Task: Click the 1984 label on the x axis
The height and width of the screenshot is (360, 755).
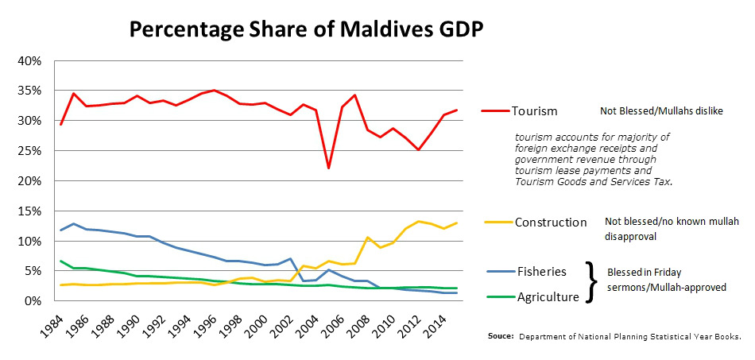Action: pos(52,325)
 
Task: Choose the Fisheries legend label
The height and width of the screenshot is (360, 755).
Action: pos(541,271)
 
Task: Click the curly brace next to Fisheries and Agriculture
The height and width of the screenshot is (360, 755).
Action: pos(591,281)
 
